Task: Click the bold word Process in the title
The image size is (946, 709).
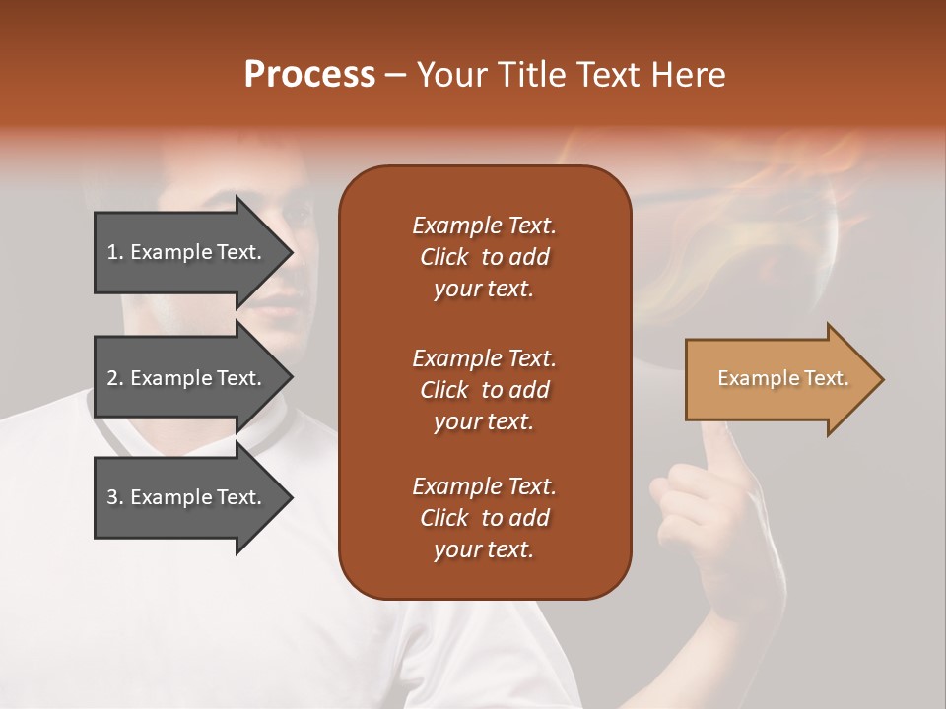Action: pos(309,75)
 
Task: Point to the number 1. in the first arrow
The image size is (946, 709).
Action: pos(115,252)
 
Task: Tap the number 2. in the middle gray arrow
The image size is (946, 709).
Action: pos(115,378)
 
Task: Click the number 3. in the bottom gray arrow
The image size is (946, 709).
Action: pos(115,497)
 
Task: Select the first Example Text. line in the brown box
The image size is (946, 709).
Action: pos(484,226)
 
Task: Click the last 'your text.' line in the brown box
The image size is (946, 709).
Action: pos(484,549)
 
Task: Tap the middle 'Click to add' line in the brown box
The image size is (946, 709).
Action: pos(484,390)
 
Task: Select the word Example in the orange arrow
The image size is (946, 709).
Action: pos(753,378)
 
